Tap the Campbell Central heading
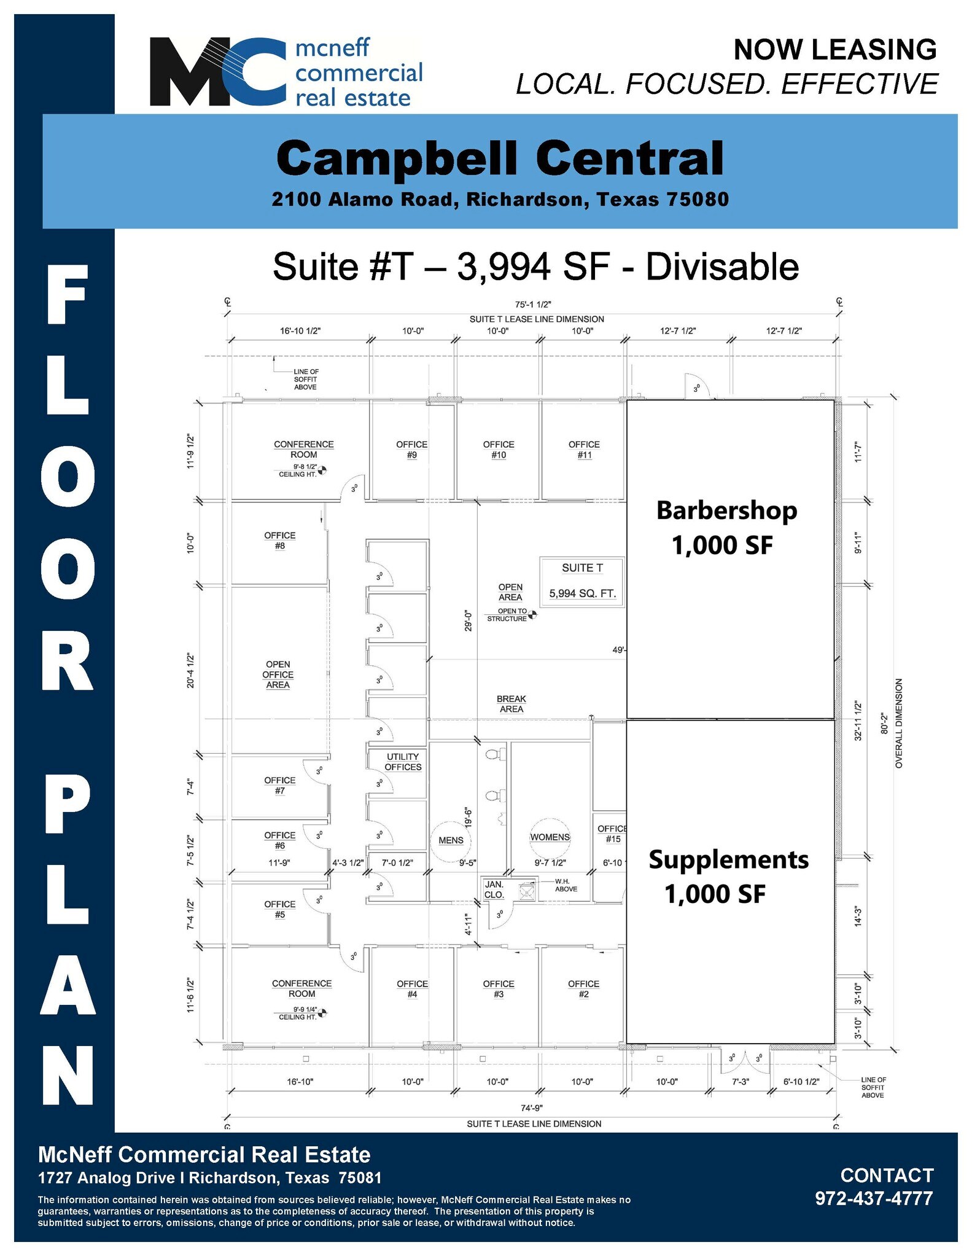(500, 158)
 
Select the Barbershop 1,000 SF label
(726, 528)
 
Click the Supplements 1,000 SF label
(728, 877)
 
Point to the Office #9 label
(411, 450)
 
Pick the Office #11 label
(584, 450)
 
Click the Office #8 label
(280, 541)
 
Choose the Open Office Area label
(278, 674)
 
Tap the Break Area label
(511, 704)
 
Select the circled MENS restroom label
(451, 840)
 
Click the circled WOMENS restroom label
(550, 837)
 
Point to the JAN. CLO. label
(494, 889)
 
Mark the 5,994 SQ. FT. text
(582, 594)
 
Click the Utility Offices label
(403, 762)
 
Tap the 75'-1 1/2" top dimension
(533, 304)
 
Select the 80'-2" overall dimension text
(884, 723)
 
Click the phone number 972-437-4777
(874, 1198)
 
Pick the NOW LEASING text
(835, 50)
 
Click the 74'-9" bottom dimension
(532, 1108)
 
